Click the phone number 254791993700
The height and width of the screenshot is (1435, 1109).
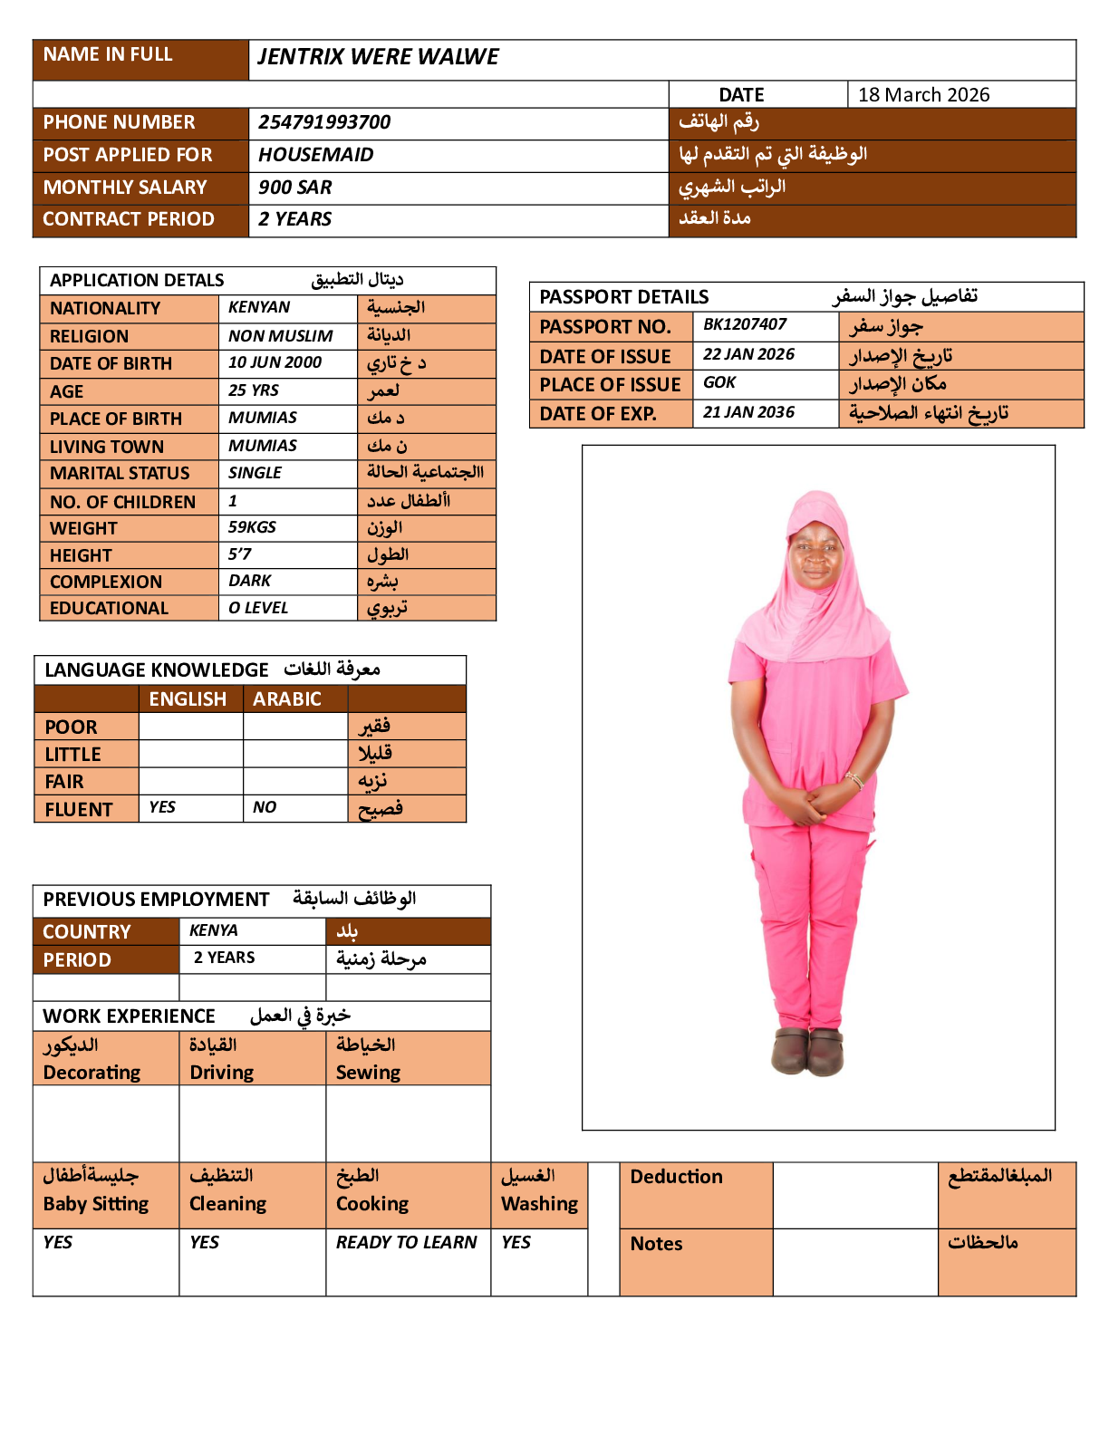[x=324, y=122]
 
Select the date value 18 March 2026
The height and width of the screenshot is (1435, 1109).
[x=923, y=95]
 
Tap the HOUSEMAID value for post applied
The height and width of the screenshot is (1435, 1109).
[x=315, y=155]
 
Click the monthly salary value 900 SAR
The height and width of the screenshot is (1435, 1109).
[x=294, y=188]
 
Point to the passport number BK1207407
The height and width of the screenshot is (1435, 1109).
[x=745, y=324]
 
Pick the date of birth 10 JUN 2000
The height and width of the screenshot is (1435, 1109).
[x=275, y=362]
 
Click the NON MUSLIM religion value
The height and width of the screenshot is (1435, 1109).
[x=280, y=336]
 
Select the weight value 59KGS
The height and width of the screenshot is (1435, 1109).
[x=252, y=527]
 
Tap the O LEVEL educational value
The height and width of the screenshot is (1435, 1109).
[x=257, y=608]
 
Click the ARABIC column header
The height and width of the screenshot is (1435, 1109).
[x=286, y=699]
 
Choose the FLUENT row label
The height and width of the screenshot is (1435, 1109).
[x=79, y=810]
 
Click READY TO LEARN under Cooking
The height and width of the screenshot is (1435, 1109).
[x=406, y=1242]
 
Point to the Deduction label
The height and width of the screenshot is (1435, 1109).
[x=676, y=1177]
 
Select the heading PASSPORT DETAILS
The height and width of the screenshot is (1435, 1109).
[x=623, y=297]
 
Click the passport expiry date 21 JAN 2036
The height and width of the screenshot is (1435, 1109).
[x=748, y=412]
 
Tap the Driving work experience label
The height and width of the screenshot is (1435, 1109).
[x=221, y=1073]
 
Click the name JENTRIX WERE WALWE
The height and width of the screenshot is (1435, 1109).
[x=378, y=57]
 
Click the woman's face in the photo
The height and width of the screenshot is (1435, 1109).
[x=817, y=554]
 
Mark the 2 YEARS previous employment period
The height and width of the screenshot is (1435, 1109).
[x=224, y=958]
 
